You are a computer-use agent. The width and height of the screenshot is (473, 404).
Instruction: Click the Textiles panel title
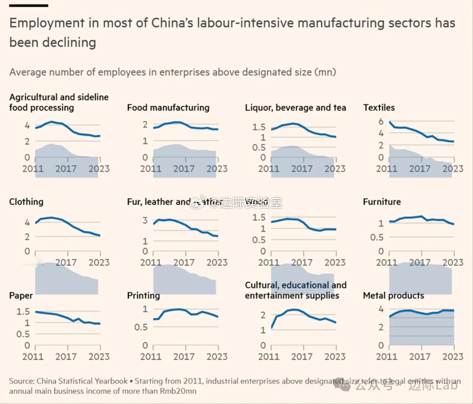379,108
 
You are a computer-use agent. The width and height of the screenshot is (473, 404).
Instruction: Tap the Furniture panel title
381,202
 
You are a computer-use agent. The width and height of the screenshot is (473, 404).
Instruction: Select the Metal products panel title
393,295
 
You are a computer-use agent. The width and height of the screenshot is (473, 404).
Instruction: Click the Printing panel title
143,295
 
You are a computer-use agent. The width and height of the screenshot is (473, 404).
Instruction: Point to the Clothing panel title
26,202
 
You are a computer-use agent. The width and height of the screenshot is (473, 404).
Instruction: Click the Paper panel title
21,295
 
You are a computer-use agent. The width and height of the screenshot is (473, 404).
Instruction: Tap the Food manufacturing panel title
168,108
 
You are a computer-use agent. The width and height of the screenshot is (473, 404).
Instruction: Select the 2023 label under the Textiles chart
452,169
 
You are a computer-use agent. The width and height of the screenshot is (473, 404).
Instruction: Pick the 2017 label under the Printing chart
184,356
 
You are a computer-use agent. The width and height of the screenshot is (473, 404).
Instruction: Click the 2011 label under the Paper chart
33,356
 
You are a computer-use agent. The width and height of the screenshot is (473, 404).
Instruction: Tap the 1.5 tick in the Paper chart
23,312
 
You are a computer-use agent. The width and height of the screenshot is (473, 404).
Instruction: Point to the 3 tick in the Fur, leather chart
145,220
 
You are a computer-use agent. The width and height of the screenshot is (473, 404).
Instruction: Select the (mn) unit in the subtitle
325,72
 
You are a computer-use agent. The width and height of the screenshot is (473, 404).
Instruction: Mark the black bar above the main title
28,6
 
